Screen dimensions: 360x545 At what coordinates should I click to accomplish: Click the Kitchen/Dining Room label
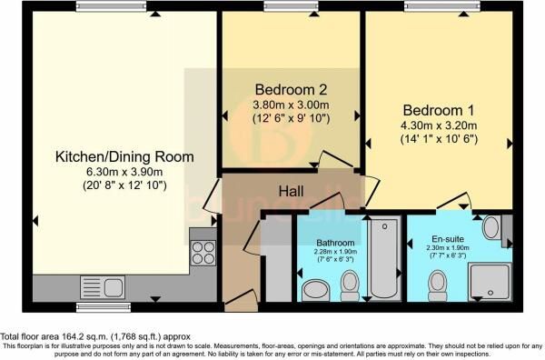pyautogui.click(x=122, y=156)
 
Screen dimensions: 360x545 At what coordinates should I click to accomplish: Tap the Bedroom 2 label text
pyautogui.click(x=291, y=90)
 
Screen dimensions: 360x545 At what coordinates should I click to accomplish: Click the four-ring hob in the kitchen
pyautogui.click(x=202, y=251)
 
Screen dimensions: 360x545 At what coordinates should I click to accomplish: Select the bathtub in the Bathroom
pyautogui.click(x=382, y=259)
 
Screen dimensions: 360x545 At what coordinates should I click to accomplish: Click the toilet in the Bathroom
pyautogui.click(x=350, y=285)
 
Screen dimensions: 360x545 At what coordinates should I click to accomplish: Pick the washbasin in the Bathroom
pyautogui.click(x=315, y=290)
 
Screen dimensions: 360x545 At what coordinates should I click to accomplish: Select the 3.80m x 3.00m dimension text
pyautogui.click(x=291, y=105)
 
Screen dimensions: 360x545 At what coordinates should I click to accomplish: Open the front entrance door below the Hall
pyautogui.click(x=239, y=301)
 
